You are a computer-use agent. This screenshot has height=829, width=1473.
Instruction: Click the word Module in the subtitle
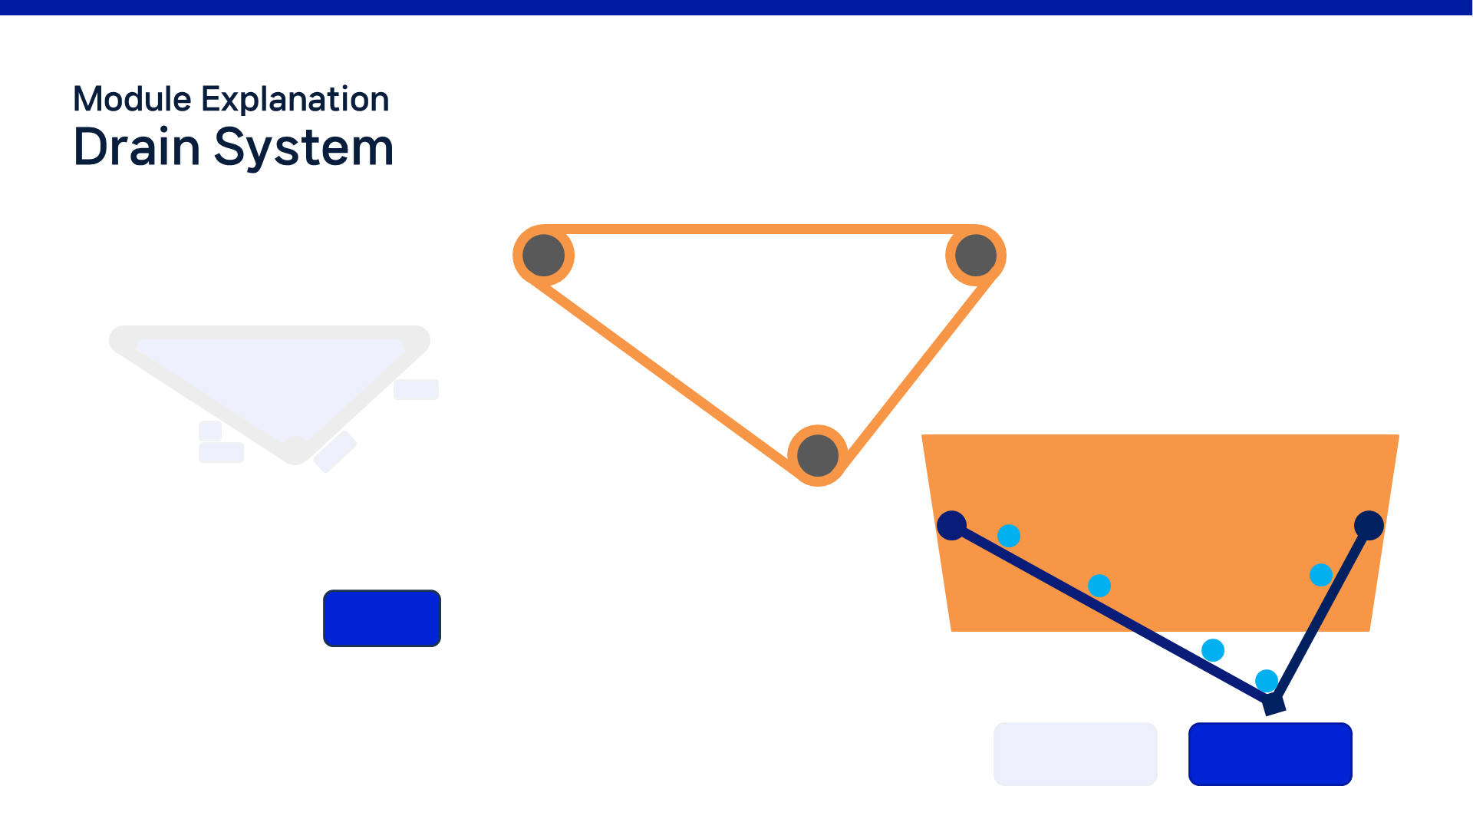132,100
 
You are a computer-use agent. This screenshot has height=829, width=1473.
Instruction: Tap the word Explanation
295,101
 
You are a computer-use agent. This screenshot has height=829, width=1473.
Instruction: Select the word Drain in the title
137,147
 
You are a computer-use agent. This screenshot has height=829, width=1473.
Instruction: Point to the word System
304,148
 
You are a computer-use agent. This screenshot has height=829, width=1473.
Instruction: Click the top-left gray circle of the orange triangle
544,256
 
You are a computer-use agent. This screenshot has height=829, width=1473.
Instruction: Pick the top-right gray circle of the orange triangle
976,256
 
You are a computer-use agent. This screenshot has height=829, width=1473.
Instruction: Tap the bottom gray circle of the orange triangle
818,455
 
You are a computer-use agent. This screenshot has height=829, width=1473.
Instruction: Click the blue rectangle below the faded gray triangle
382,618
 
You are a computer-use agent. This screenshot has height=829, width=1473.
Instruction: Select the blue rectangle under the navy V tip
1270,754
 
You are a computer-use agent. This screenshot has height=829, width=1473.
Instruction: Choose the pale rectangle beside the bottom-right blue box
1076,754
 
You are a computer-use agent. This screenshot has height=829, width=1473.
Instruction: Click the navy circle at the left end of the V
951,526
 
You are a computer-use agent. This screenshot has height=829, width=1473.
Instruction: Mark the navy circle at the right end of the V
1369,526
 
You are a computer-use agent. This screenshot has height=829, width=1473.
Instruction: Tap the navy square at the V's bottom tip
1274,703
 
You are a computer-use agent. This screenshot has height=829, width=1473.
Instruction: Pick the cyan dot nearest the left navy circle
1009,536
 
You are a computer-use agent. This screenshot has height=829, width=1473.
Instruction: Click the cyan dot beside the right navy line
1321,575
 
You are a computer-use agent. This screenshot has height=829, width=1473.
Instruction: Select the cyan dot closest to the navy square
1267,681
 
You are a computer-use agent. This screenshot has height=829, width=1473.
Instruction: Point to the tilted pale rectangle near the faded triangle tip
335,452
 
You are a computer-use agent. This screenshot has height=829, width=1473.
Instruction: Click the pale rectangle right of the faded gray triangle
416,389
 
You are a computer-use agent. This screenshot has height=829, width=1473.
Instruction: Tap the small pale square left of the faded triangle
210,431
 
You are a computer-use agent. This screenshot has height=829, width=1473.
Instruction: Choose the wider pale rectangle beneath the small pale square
221,453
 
